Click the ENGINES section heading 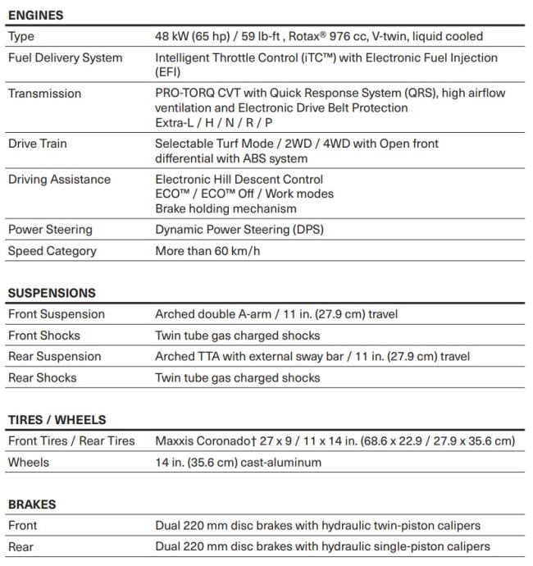35,15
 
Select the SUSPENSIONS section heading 52,293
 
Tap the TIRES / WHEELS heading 57,420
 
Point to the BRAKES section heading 32,504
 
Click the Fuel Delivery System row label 65,58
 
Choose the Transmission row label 44,94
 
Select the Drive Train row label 38,144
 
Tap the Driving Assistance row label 59,180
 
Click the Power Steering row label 50,230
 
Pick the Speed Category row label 52,251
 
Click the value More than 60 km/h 207,251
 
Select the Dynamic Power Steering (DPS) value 239,230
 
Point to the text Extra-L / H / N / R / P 214,123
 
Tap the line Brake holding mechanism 226,208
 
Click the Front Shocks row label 44,335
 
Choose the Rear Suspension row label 55,357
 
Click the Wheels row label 29,463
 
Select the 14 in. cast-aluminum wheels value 239,463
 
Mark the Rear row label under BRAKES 22,546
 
